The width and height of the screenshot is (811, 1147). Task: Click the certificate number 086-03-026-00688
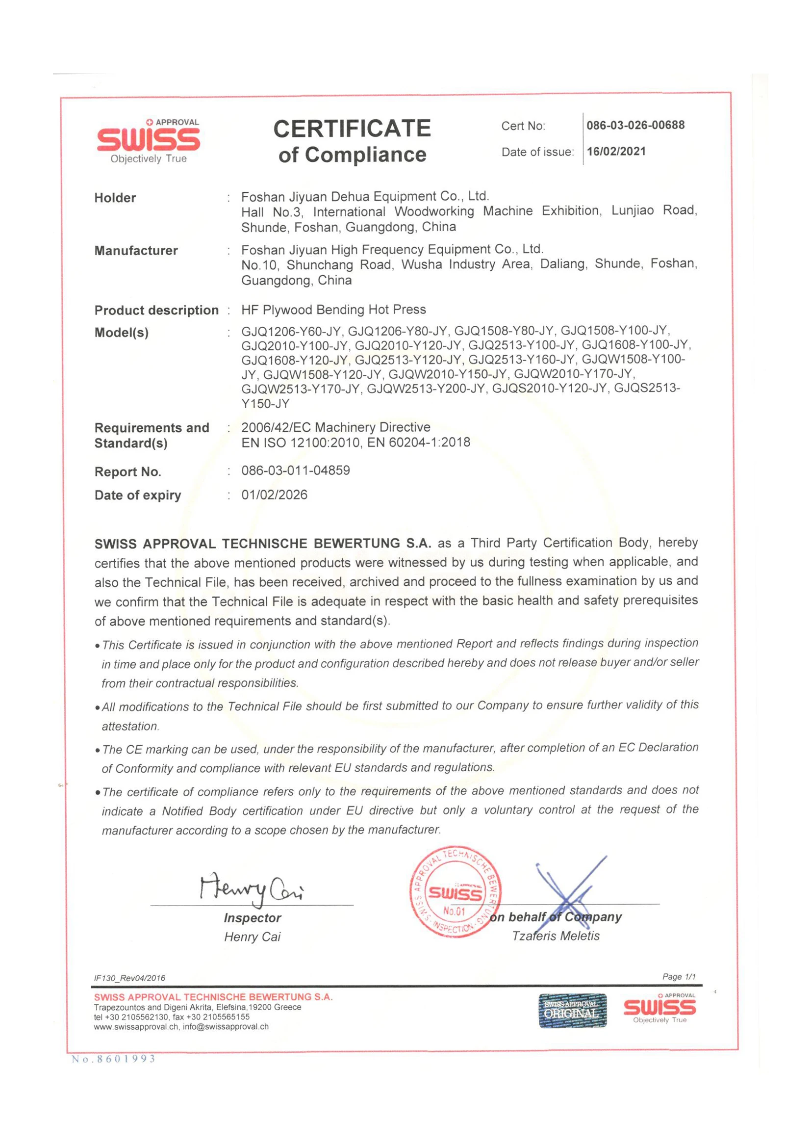tap(635, 126)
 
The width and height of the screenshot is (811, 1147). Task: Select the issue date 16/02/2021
tap(616, 152)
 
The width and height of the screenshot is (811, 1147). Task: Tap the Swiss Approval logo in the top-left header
tap(148, 141)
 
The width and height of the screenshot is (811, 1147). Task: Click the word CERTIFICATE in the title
tap(352, 129)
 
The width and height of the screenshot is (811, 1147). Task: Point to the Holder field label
tap(115, 198)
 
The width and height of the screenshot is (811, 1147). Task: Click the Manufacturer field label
tap(136, 251)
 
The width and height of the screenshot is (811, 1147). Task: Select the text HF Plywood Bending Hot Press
tap(333, 310)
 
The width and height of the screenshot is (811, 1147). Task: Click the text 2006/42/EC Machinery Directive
tap(335, 427)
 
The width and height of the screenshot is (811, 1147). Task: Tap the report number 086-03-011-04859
tap(296, 470)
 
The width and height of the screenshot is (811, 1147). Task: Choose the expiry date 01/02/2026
tap(274, 495)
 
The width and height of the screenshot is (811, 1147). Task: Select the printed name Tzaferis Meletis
tap(556, 936)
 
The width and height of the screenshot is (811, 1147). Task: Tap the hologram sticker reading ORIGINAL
tap(572, 1011)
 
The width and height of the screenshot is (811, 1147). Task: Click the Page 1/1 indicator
tap(679, 977)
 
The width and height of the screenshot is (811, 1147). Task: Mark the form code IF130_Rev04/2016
tap(129, 978)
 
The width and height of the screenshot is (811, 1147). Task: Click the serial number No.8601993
tap(113, 1059)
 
